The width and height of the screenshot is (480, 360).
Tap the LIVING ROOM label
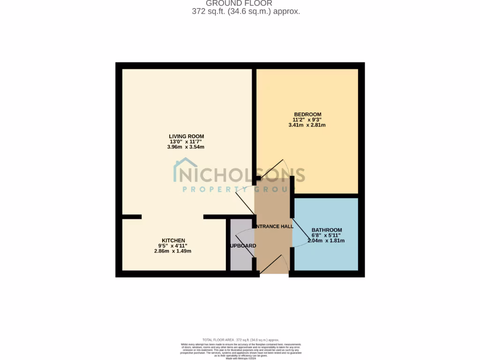click(x=187, y=136)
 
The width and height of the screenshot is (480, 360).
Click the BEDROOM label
click(x=307, y=115)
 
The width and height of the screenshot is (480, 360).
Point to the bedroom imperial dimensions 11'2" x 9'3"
click(x=307, y=120)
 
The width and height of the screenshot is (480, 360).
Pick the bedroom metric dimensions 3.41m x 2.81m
click(x=307, y=126)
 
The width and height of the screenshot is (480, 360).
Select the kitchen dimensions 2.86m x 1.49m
click(x=172, y=251)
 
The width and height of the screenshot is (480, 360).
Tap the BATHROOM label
click(x=327, y=230)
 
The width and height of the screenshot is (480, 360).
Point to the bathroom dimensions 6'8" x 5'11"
click(x=326, y=235)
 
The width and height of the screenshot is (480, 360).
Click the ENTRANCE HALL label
click(x=274, y=227)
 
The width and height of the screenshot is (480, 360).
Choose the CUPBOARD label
click(x=243, y=246)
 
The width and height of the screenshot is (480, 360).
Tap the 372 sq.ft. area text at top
click(x=246, y=12)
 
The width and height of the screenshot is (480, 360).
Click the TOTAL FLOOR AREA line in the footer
click(x=240, y=340)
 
